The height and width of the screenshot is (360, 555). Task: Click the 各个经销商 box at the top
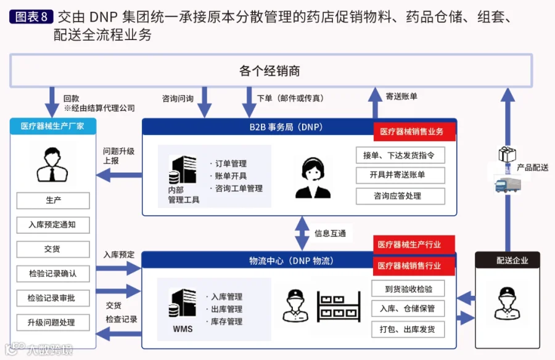point(271,71)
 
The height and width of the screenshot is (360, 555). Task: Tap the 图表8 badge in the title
point(31,17)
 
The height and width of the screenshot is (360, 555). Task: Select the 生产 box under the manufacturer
point(53,200)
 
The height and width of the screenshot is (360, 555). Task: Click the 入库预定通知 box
point(53,225)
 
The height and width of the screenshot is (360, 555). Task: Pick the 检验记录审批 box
point(53,298)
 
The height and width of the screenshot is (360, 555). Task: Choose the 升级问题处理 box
point(53,322)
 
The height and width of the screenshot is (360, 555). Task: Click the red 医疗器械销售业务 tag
point(414,132)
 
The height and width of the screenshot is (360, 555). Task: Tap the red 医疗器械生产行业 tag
point(414,245)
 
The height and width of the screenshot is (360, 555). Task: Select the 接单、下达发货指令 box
point(400,155)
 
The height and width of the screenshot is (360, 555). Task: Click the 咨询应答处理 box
point(400,196)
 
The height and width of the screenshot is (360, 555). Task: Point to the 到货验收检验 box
point(408,289)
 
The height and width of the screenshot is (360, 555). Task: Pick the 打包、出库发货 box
point(408,329)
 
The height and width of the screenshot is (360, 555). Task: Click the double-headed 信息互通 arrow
point(302,234)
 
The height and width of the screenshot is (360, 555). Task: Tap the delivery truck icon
point(508,185)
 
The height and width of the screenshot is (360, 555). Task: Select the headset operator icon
point(313,178)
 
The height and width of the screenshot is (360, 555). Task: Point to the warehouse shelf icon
point(339,306)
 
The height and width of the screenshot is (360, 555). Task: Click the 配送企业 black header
point(508,260)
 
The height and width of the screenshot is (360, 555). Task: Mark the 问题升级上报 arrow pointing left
point(119,175)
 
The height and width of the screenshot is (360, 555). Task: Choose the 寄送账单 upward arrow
point(375,103)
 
